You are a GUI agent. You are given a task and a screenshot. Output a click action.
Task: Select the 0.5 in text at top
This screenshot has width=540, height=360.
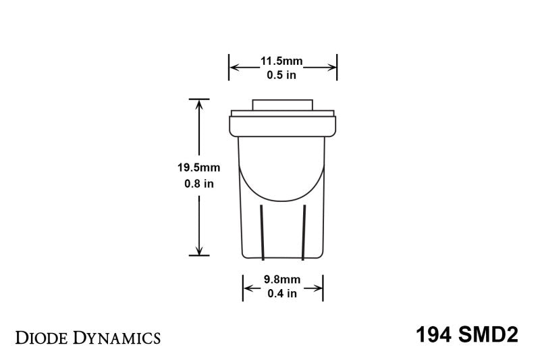(282, 75)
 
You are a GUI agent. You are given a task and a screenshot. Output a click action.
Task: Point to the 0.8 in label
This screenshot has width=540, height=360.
(198, 183)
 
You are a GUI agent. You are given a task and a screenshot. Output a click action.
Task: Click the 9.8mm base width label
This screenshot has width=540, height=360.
(283, 280)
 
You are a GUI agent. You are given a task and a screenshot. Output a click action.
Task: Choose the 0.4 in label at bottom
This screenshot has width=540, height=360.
(283, 293)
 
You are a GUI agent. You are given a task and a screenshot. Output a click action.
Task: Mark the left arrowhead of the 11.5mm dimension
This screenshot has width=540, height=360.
(234, 68)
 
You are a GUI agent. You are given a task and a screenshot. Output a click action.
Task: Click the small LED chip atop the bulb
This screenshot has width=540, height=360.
(282, 105)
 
